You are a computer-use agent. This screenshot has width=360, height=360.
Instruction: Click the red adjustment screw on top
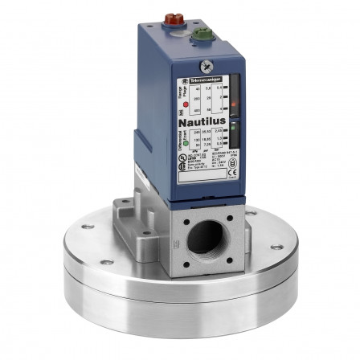point(171,17)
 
